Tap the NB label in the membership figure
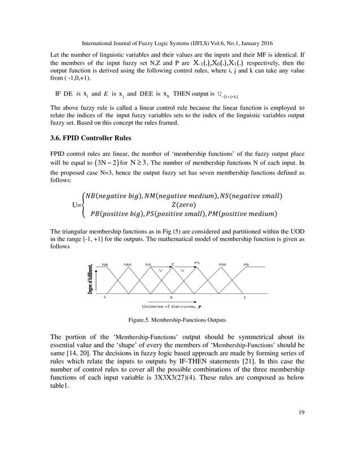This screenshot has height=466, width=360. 105,263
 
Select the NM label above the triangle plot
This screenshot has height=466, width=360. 128,263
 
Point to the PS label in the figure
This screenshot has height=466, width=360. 197,262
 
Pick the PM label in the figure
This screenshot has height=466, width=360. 222,263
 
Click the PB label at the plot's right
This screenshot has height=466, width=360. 247,263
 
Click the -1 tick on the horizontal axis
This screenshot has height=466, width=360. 103,297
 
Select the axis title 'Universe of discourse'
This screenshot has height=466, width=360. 169,306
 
